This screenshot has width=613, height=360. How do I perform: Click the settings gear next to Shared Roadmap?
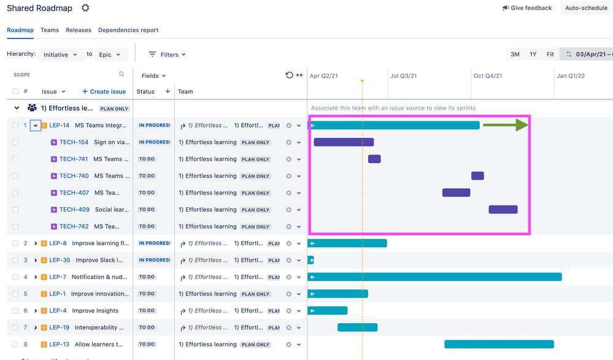click(x=85, y=8)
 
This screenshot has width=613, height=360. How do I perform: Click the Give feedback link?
click(x=526, y=8)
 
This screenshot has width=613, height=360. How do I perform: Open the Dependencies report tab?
click(x=128, y=30)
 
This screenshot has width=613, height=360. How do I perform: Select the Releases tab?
click(x=79, y=30)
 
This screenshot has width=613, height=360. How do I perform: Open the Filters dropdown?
click(x=168, y=55)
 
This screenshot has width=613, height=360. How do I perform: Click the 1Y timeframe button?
click(x=533, y=55)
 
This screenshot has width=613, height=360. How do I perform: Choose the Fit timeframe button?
click(x=550, y=55)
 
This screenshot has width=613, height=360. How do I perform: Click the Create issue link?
click(x=104, y=92)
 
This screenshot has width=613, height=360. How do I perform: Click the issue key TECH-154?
click(x=74, y=142)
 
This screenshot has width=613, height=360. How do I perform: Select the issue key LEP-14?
click(x=60, y=126)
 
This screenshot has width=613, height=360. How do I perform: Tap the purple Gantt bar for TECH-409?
click(x=503, y=210)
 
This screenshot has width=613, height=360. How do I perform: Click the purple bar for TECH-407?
click(x=456, y=193)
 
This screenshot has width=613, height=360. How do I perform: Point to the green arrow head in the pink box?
click(x=522, y=125)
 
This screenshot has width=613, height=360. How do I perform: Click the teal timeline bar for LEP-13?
click(x=499, y=344)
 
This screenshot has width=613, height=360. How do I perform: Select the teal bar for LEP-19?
click(x=357, y=327)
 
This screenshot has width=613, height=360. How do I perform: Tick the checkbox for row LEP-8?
click(x=15, y=243)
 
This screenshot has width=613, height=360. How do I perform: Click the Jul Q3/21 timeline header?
click(x=403, y=76)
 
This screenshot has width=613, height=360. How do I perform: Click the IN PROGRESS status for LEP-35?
click(x=153, y=260)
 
